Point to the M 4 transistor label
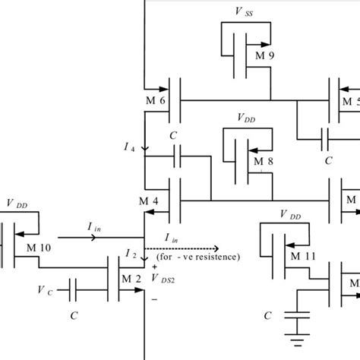150,201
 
